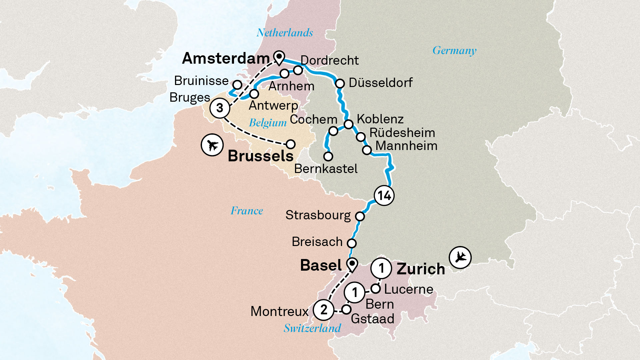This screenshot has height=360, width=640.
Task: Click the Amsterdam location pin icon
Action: pos(279,57)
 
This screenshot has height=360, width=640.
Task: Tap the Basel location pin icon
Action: pos(352,265)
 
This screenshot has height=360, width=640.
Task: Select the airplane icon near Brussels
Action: pos(212,145)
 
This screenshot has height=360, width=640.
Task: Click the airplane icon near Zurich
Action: pos(460,257)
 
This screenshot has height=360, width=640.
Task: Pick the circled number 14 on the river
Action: pos(384,196)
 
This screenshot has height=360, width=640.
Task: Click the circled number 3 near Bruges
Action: pos(220,108)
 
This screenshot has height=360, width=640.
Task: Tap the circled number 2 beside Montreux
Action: pos(323,310)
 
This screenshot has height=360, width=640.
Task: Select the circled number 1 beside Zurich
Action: pos(381,268)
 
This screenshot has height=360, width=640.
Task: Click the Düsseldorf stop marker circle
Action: pos(340,83)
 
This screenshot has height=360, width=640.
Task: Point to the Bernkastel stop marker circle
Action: pos(328,156)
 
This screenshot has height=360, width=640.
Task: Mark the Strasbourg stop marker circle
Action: pos(360,216)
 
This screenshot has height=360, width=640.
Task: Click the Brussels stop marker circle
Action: pos(291,144)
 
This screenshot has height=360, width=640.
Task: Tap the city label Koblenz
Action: pos(380,119)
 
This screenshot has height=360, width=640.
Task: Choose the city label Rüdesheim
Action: pos(402,133)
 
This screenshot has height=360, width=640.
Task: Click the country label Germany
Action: pos(454,51)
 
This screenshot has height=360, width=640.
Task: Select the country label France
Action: pos(247,211)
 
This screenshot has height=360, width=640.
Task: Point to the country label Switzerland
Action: pos(312,328)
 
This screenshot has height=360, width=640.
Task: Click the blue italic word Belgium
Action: pos(268,123)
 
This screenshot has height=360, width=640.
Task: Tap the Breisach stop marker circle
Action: pos(351,243)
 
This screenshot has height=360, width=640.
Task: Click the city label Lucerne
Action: pos(408,289)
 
